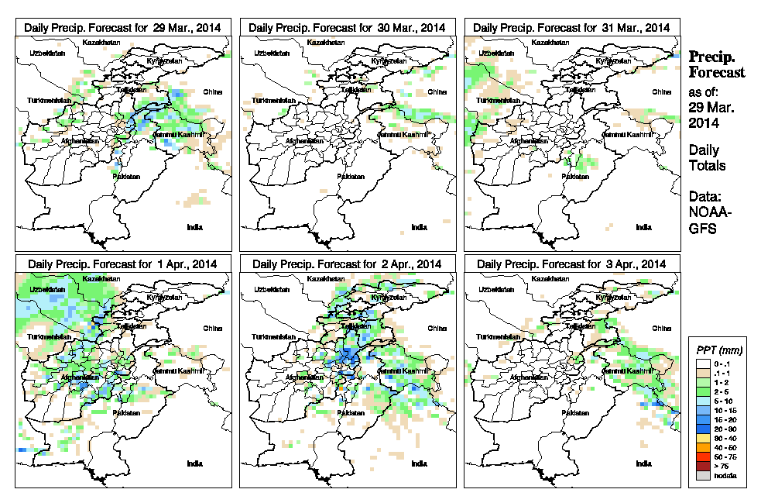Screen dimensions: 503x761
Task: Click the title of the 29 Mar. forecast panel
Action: (x=122, y=27)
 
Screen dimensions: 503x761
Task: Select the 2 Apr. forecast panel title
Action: (x=347, y=264)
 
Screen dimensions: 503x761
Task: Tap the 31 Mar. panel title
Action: (x=571, y=27)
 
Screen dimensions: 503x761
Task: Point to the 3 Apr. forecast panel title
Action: (x=571, y=264)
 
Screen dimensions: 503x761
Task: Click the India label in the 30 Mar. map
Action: (x=419, y=227)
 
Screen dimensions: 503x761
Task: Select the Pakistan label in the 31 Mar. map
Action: (x=574, y=177)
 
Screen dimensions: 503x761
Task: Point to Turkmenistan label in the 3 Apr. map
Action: (x=499, y=338)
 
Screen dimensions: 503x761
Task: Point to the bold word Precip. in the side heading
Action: (x=712, y=57)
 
